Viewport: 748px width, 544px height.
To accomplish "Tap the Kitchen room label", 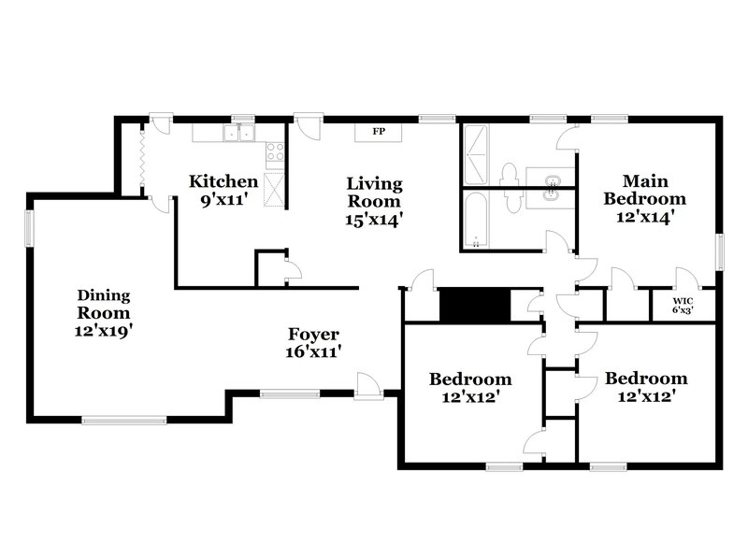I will (x=223, y=181).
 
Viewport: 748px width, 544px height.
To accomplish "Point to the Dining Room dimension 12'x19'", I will (x=104, y=331).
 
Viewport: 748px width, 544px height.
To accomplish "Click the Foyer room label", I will (x=313, y=335).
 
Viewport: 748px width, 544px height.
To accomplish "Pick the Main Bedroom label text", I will (x=644, y=190).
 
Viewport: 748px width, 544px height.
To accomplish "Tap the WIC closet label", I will (x=683, y=300).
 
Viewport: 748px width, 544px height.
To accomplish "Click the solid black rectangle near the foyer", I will (x=474, y=305).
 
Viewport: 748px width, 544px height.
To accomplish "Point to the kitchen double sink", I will (x=239, y=135).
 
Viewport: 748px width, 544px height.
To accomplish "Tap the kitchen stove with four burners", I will (x=276, y=152).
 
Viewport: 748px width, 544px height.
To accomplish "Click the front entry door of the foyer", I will (x=368, y=388).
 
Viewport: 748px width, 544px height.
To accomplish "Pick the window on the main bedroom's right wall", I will (x=720, y=251).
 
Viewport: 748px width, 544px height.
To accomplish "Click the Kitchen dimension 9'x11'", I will (x=223, y=199).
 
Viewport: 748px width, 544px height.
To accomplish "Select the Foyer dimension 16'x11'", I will (x=313, y=352).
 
